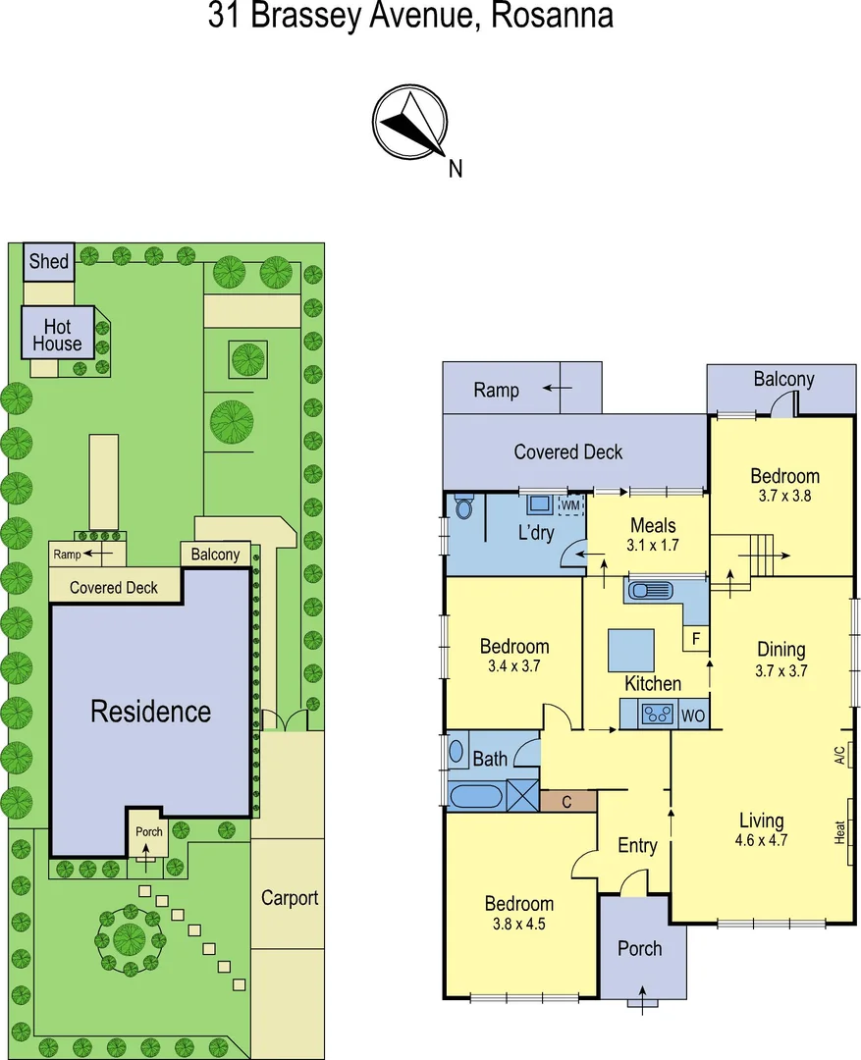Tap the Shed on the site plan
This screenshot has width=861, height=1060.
[48, 261]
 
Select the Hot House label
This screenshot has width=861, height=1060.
[58, 335]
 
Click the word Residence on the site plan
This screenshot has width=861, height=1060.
[150, 712]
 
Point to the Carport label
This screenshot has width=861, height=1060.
[290, 897]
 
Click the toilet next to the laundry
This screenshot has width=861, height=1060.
[464, 507]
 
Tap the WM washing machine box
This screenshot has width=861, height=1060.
[570, 505]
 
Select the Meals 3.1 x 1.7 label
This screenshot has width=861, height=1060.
[653, 535]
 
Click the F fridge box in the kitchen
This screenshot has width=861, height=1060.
[695, 639]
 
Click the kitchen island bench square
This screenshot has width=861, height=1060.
[631, 650]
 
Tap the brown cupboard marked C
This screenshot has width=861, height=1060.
[568, 801]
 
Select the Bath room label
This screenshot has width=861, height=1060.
[490, 758]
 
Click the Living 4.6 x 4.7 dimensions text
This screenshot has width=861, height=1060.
[761, 839]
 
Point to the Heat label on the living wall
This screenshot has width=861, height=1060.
[840, 832]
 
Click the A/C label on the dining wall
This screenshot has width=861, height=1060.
[839, 755]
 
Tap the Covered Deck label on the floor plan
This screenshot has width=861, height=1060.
[567, 451]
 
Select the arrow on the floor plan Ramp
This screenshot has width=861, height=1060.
[559, 389]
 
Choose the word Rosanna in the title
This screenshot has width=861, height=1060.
[553, 16]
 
